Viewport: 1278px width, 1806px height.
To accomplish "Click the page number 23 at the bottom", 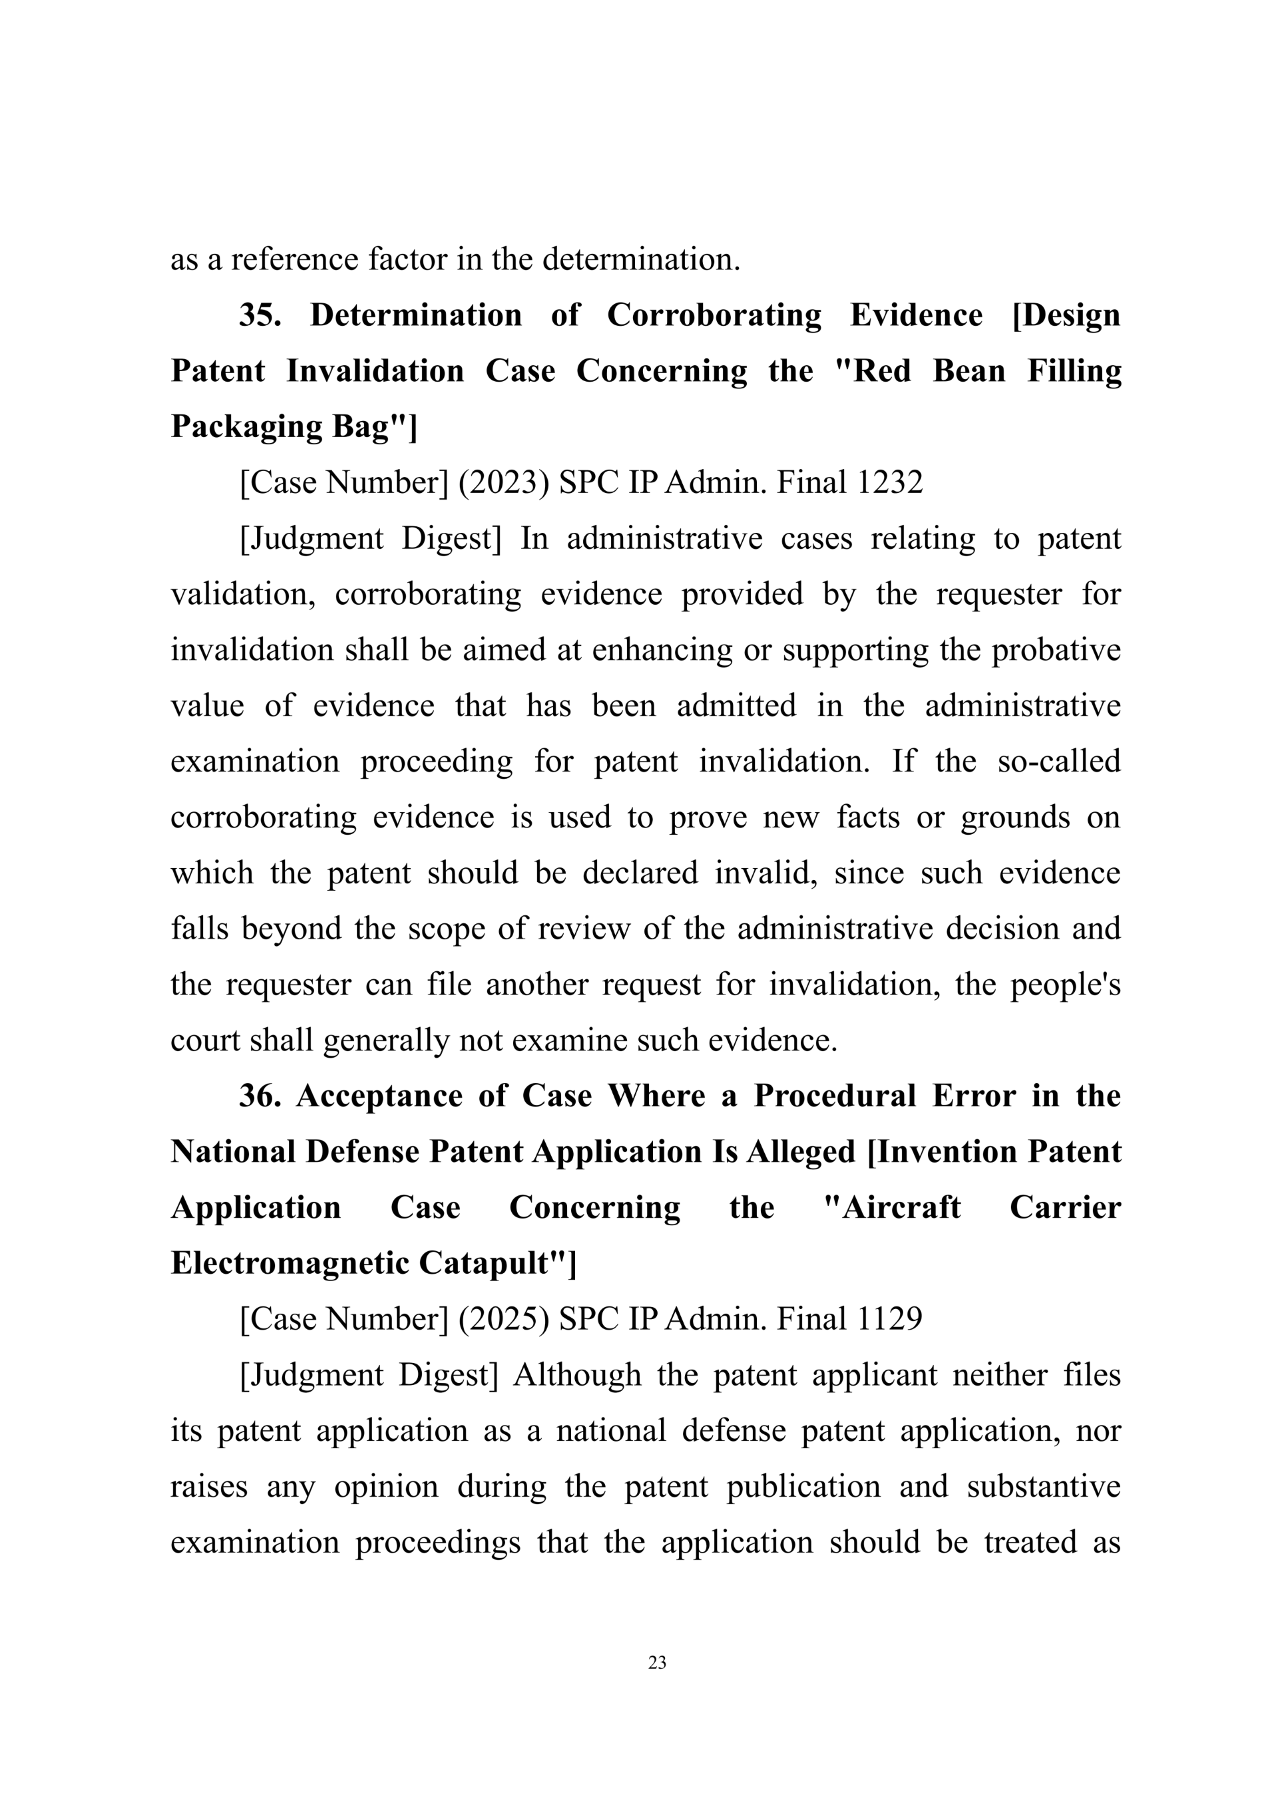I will [x=657, y=1662].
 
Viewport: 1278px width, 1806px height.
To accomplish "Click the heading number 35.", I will [x=260, y=315].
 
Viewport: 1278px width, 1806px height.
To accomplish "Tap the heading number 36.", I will [x=260, y=1096].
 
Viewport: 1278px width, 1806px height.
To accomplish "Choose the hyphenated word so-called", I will [x=1058, y=762].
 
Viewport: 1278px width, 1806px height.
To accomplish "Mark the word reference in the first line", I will [x=294, y=259].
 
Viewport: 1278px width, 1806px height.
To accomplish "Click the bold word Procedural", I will [x=835, y=1096].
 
